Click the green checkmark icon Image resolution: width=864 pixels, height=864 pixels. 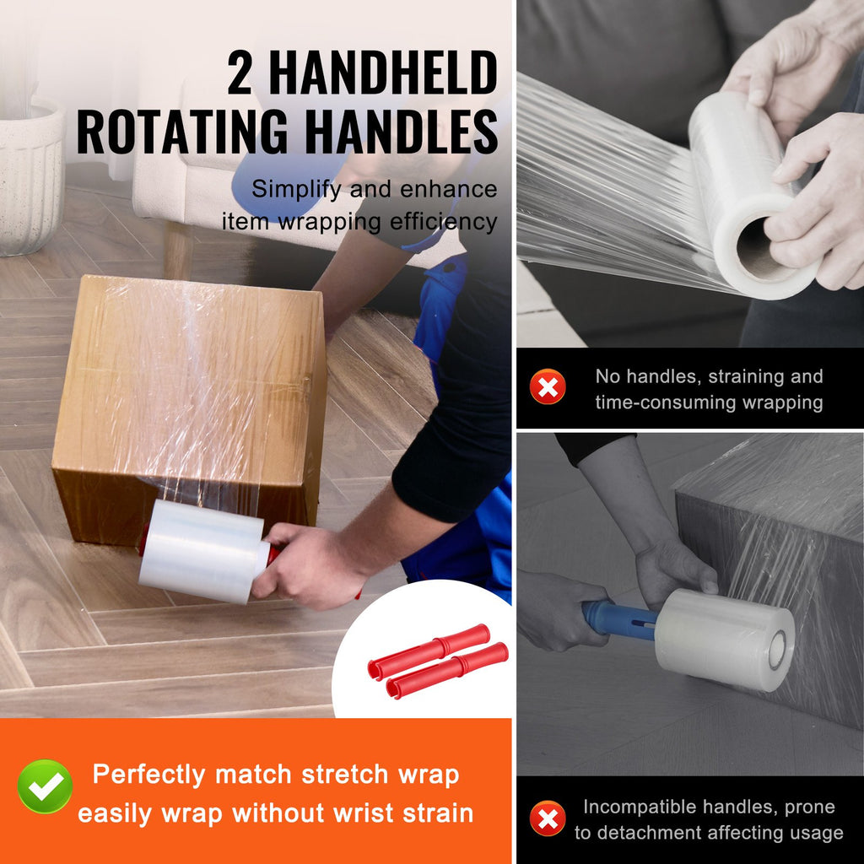coord(45,786)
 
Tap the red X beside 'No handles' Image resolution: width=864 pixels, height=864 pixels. coord(548,386)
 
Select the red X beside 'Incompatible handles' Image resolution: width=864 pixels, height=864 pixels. coord(548,818)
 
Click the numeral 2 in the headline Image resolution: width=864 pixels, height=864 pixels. coord(240,73)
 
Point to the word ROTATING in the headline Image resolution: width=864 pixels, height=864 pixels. coord(182,132)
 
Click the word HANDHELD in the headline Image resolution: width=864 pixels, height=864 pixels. coord(384,73)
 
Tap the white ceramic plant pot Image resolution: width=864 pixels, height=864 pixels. coord(30,176)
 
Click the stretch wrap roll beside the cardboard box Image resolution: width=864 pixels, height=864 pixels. coord(202,551)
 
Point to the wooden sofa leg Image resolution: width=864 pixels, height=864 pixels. coord(178,250)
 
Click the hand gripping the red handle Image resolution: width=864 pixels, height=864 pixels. coord(310,565)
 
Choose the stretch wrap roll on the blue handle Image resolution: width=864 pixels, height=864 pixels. coord(725,640)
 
